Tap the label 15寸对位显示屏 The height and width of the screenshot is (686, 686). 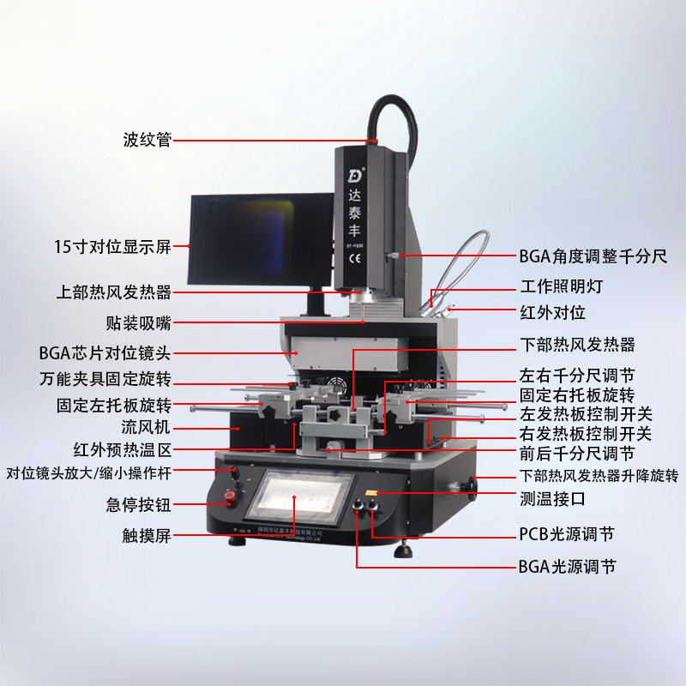[x=111, y=248]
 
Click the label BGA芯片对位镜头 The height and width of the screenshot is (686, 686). [x=105, y=352]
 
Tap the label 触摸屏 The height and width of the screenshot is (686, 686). [x=147, y=537]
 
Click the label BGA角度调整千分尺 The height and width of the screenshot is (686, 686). [x=593, y=256]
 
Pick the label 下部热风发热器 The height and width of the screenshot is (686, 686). [x=577, y=345]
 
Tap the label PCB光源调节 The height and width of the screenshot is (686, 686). [x=566, y=534]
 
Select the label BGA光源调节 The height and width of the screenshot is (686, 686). [x=566, y=567]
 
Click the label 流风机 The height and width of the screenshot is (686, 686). [x=147, y=426]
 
